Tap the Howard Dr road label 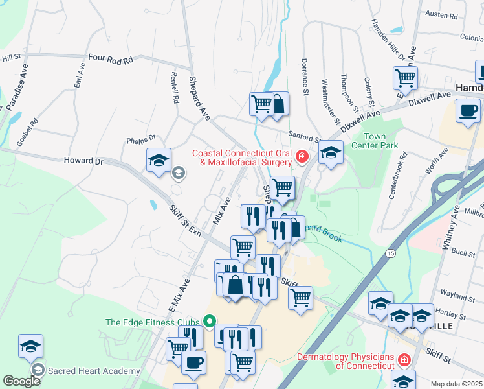(83, 161)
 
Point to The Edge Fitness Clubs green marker (209, 322)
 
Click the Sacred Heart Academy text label (94, 371)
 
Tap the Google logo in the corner (22, 381)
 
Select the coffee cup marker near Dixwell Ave (468, 110)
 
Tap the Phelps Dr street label (142, 138)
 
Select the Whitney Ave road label (450, 228)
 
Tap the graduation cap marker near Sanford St (331, 154)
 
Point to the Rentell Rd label (174, 92)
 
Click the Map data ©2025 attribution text (456, 384)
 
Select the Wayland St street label (461, 296)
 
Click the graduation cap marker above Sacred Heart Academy (30, 346)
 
